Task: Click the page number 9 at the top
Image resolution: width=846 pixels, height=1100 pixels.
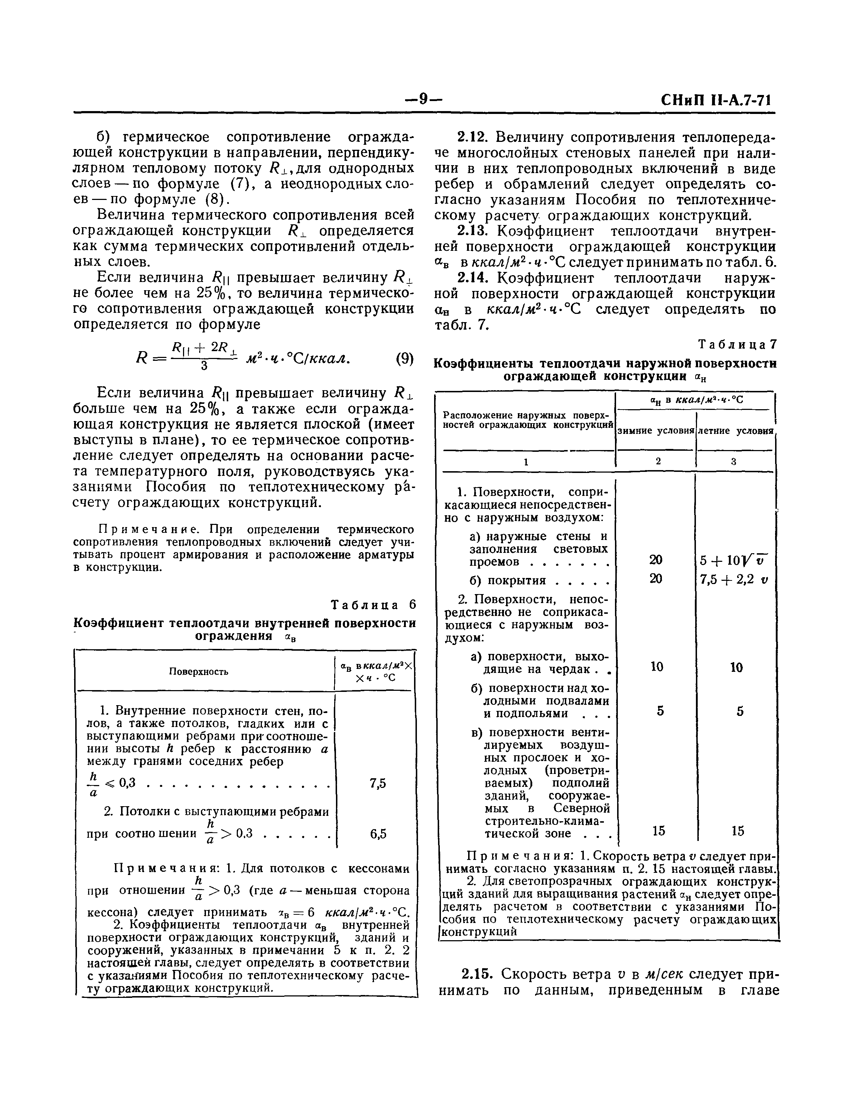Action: (x=423, y=99)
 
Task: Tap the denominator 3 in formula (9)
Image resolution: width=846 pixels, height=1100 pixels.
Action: (x=204, y=367)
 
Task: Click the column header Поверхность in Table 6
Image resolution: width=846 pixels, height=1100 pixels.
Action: (x=198, y=671)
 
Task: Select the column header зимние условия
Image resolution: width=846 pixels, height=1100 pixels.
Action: (x=656, y=431)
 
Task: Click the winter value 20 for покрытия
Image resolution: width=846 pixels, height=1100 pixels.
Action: (x=656, y=579)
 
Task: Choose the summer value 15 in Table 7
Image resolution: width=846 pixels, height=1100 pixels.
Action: (x=738, y=831)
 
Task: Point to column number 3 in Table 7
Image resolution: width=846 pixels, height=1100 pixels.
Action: (x=734, y=461)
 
